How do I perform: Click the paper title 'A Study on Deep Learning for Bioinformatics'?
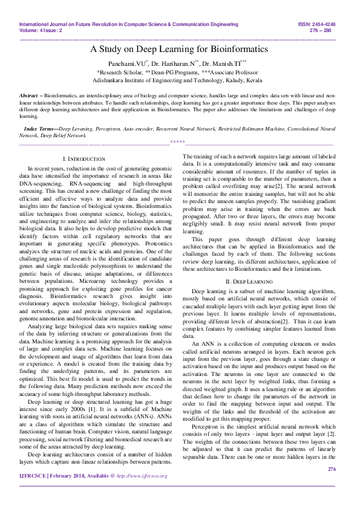[179, 48]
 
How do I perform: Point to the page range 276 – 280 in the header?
[325, 30]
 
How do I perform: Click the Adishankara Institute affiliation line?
[179, 80]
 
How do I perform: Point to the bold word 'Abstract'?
[28, 96]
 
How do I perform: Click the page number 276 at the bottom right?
[331, 485]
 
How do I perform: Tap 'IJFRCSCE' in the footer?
[34, 493]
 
